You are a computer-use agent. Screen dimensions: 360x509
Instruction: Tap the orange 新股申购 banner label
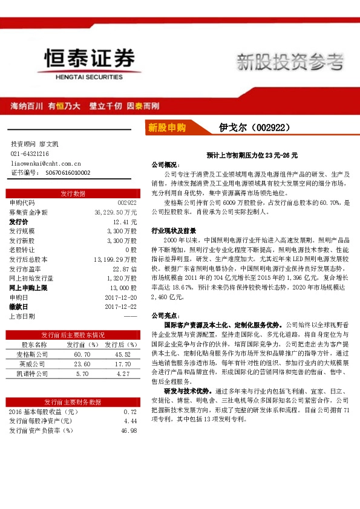click(x=167, y=128)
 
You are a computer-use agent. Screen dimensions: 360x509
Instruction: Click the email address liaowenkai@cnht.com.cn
click(x=46, y=163)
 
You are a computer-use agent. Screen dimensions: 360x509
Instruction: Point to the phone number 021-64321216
click(x=30, y=154)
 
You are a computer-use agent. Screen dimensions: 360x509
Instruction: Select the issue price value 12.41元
click(x=125, y=222)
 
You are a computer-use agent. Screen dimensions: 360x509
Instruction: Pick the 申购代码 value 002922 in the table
click(x=127, y=203)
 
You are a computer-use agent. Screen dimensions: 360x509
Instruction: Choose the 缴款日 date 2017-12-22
click(x=120, y=306)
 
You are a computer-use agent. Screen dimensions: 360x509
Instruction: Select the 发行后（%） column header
click(x=118, y=344)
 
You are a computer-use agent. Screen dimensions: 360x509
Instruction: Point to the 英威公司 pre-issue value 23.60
click(x=82, y=364)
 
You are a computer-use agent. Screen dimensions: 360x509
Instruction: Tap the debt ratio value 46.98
click(x=129, y=430)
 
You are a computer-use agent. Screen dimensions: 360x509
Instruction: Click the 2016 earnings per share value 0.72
click(x=131, y=411)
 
